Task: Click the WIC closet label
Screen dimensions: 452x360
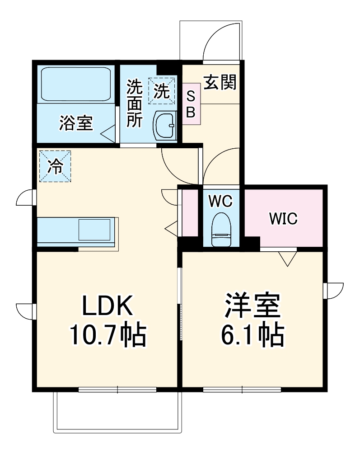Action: coord(283,219)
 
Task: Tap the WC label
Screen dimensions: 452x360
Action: coord(220,201)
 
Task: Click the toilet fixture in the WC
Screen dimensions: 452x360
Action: coord(221,229)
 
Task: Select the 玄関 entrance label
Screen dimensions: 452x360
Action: coord(220,83)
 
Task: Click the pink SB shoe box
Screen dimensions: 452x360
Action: coord(191,104)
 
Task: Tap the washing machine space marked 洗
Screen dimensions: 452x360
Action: coord(161,91)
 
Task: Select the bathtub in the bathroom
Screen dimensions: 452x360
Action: coord(76,85)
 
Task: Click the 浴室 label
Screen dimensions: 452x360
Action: coord(76,122)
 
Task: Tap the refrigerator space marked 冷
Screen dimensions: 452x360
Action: coord(55,166)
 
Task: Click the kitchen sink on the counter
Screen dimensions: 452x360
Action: coord(94,230)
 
